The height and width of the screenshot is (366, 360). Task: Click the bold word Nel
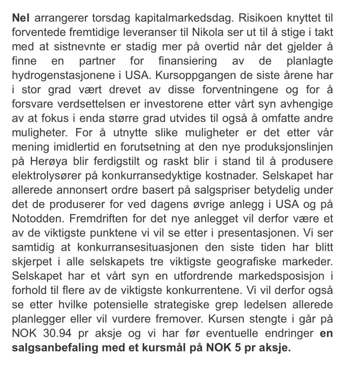21,18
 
